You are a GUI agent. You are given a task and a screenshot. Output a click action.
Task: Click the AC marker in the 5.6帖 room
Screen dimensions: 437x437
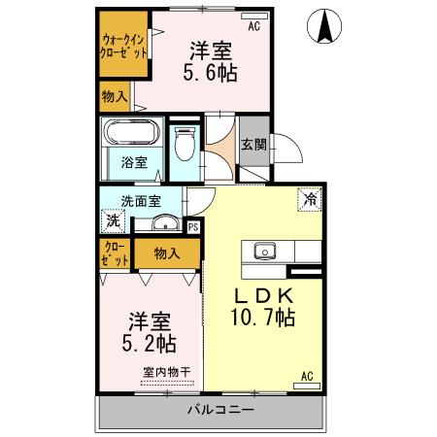click(x=253, y=27)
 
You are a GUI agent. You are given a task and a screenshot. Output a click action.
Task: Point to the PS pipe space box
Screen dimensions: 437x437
click(x=192, y=227)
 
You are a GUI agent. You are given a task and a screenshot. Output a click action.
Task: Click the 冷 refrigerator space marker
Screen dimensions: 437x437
click(x=310, y=198)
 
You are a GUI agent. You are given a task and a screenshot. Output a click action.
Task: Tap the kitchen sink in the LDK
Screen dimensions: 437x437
click(x=265, y=252)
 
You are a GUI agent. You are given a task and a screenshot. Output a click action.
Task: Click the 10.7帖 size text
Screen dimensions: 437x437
click(x=262, y=318)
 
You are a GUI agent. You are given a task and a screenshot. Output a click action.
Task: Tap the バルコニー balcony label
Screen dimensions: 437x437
click(x=220, y=411)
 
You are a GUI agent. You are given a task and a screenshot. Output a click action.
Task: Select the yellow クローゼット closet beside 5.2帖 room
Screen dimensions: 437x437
click(x=114, y=253)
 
